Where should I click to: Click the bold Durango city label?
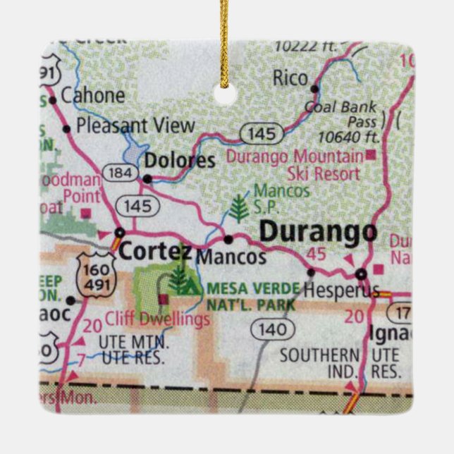point(318,233)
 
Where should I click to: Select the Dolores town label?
point(179,161)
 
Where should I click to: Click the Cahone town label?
point(93,95)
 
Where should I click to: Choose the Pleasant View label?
point(135,125)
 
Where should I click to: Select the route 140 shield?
point(273,329)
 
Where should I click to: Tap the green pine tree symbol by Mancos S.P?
point(238,208)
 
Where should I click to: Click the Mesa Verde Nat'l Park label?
point(253,296)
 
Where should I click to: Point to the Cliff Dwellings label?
point(157,319)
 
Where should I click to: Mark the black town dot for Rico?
point(314,88)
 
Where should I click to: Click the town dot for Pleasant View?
point(67,128)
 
